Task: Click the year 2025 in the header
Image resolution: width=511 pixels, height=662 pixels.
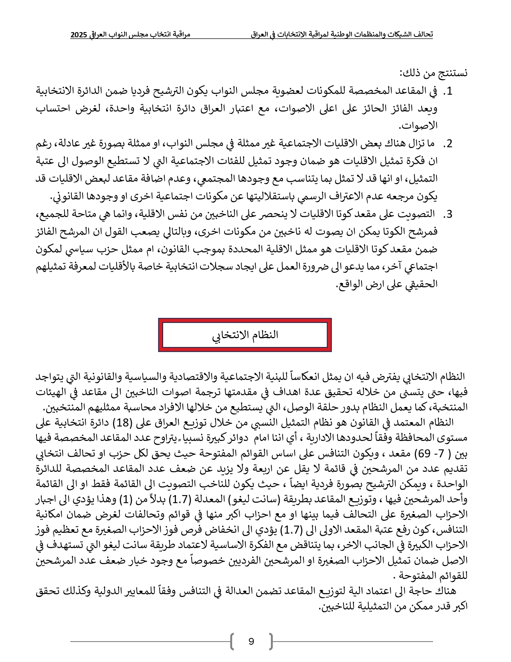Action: pos(79,35)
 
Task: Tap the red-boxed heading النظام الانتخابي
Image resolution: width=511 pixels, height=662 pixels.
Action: pos(245,335)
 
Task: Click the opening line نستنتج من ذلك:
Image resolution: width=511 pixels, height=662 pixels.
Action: pos(433,73)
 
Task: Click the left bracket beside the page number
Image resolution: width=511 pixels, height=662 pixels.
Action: pos(232,641)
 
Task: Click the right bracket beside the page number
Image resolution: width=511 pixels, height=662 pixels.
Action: pos(271,641)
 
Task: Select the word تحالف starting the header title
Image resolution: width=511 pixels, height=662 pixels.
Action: pos(423,35)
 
